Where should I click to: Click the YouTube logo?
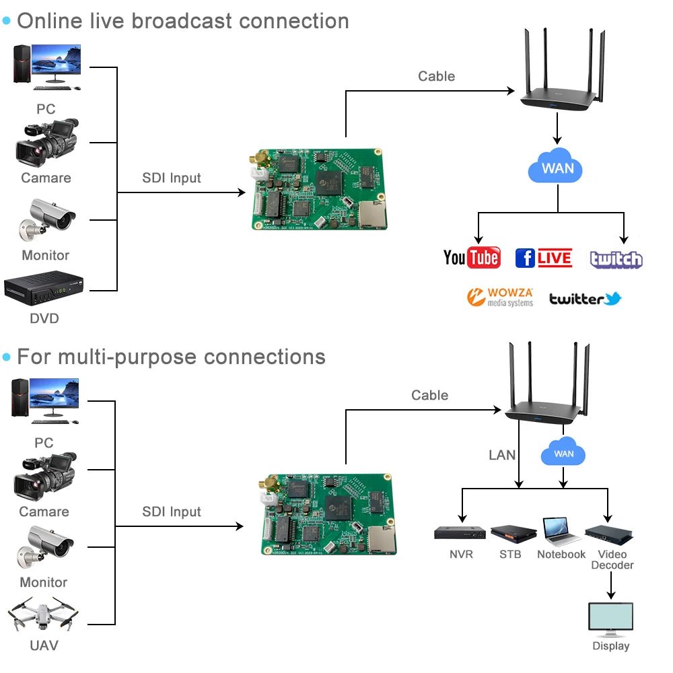[472, 257]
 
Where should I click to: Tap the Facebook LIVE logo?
[543, 258]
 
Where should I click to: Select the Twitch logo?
[616, 259]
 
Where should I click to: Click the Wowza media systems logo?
[500, 297]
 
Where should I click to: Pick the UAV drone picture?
[43, 614]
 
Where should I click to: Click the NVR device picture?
[460, 533]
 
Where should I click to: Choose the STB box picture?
[513, 533]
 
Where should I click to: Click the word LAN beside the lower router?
[502, 456]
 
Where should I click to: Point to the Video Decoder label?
[612, 560]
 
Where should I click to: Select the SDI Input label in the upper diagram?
[172, 178]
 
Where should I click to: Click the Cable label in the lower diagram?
[429, 395]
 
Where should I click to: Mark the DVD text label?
[44, 318]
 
